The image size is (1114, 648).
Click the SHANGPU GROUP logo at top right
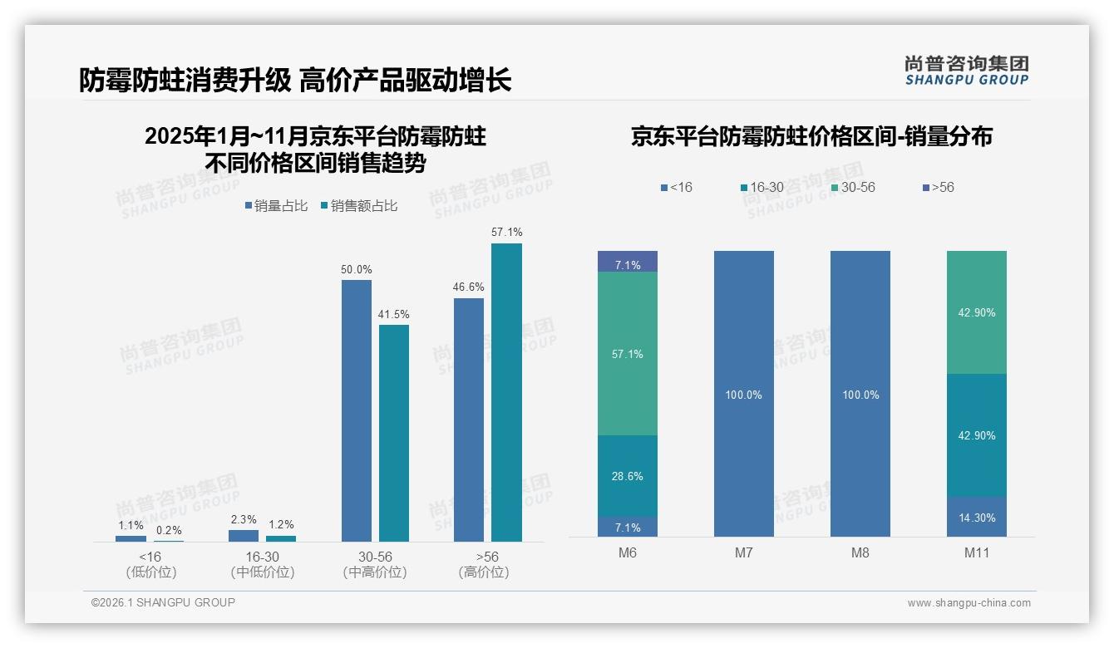(966, 70)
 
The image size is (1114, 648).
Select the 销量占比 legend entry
(276, 206)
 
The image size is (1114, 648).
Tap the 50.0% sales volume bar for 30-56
(357, 410)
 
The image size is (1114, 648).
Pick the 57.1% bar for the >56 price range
(506, 392)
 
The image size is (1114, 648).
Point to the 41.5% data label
(393, 314)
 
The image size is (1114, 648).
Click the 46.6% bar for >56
(469, 420)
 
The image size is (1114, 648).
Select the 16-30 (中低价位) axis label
(262, 564)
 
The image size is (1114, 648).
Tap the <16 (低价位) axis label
(150, 564)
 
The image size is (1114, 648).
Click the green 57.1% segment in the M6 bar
(628, 353)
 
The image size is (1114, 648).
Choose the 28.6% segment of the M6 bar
(628, 476)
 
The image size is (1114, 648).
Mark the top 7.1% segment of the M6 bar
(628, 262)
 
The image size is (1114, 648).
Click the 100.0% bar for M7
(744, 394)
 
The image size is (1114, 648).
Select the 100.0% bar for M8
(860, 394)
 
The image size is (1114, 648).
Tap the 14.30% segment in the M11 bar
(977, 517)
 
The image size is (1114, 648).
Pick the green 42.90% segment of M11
(977, 312)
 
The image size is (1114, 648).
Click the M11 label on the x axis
(977, 552)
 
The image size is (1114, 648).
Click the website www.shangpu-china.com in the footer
(969, 603)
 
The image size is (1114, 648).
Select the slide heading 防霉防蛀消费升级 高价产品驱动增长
(295, 80)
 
